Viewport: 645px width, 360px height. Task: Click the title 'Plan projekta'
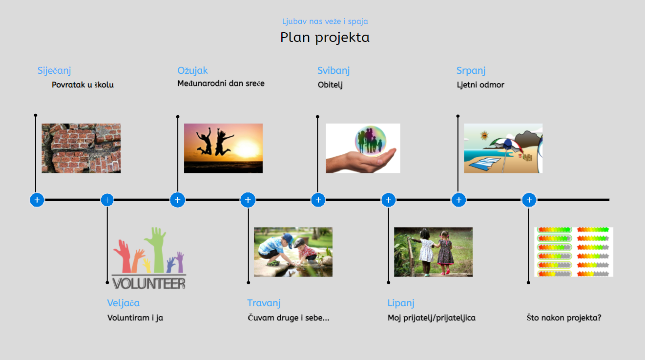pyautogui.click(x=325, y=38)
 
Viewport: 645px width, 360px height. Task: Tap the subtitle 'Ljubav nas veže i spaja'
pyautogui.click(x=325, y=21)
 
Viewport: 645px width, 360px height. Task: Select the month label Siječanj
pyautogui.click(x=54, y=71)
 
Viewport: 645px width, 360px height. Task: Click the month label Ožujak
pyautogui.click(x=192, y=71)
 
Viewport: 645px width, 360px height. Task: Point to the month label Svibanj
pyautogui.click(x=333, y=71)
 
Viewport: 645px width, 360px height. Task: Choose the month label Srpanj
pyautogui.click(x=471, y=71)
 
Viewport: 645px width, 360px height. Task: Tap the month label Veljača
pyautogui.click(x=123, y=303)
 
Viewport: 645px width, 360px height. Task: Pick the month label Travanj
pyautogui.click(x=264, y=303)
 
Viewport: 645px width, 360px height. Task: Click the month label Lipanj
pyautogui.click(x=401, y=303)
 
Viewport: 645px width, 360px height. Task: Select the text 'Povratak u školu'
pyautogui.click(x=83, y=85)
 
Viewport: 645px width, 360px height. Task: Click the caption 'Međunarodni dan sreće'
pyautogui.click(x=221, y=84)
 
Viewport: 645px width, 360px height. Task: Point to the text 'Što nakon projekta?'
pyautogui.click(x=564, y=318)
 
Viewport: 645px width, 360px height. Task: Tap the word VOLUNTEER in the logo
pyautogui.click(x=149, y=284)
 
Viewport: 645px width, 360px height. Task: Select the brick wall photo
pyautogui.click(x=81, y=148)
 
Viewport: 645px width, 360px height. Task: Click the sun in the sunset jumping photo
pyautogui.click(x=246, y=149)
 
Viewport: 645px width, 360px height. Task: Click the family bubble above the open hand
pyautogui.click(x=371, y=140)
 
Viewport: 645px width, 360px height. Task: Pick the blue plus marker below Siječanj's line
pyautogui.click(x=37, y=200)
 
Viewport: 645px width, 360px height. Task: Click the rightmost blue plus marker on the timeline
pyautogui.click(x=529, y=200)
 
